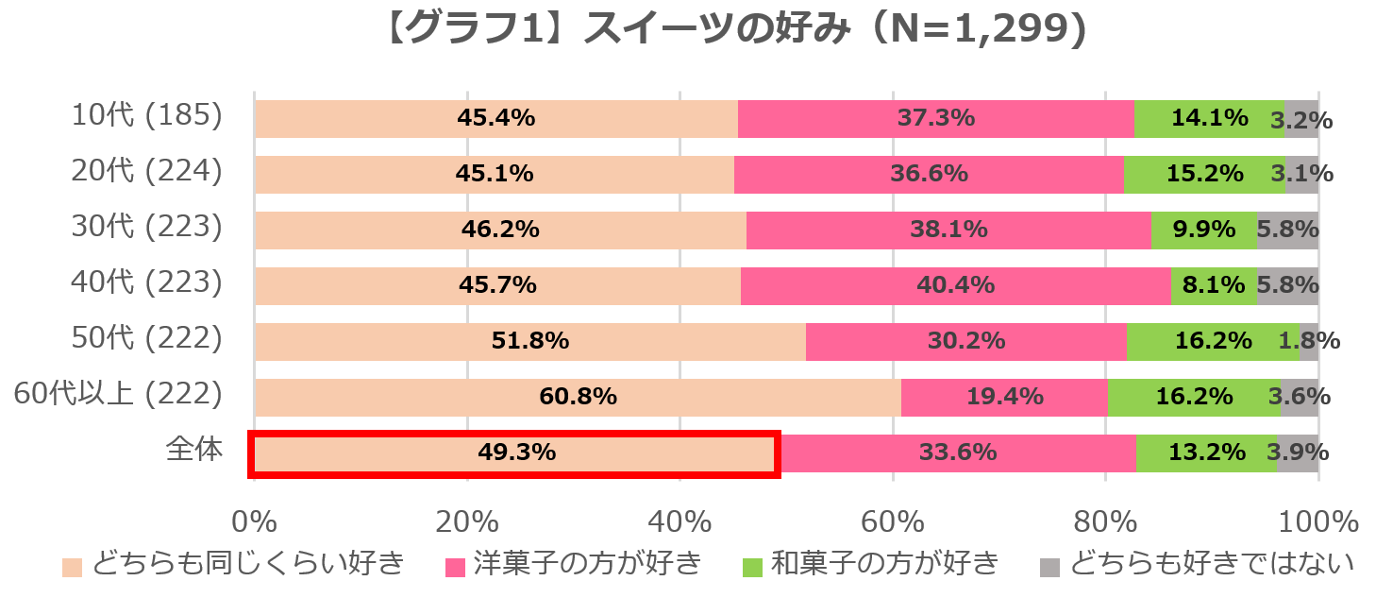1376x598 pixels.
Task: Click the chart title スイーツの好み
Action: pyautogui.click(x=735, y=30)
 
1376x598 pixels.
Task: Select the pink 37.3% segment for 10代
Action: pyautogui.click(x=935, y=119)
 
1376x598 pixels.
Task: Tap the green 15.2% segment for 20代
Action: pyautogui.click(x=1203, y=175)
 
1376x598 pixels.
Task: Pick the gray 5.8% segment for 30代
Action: pyautogui.click(x=1286, y=231)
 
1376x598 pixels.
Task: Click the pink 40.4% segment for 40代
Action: pyautogui.click(x=955, y=286)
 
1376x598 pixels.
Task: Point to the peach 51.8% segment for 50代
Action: pyautogui.click(x=529, y=342)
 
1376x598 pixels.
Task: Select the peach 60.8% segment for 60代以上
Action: pyautogui.click(x=578, y=398)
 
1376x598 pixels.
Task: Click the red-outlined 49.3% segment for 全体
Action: pyautogui.click(x=515, y=453)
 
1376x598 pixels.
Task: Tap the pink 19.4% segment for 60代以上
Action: pyautogui.click(x=1004, y=398)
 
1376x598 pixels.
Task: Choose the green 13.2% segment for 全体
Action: pyautogui.click(x=1206, y=453)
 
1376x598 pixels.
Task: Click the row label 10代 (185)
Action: pyautogui.click(x=147, y=117)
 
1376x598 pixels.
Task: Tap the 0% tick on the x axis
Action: pyautogui.click(x=255, y=521)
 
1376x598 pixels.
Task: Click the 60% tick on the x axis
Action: pyautogui.click(x=892, y=521)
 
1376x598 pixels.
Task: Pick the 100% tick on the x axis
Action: pyautogui.click(x=1317, y=521)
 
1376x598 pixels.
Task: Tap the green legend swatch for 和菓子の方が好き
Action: pyautogui.click(x=752, y=567)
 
